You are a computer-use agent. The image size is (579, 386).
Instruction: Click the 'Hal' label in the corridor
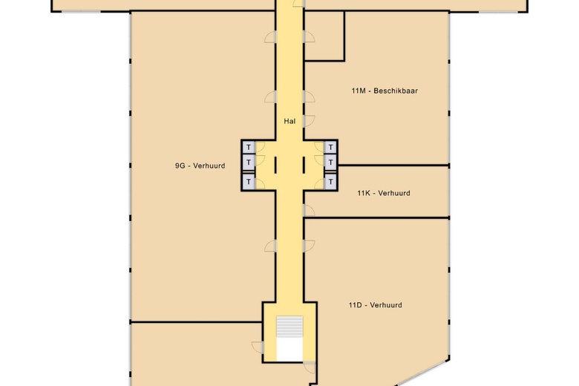[289, 120]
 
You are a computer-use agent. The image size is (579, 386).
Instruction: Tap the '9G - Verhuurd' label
[194, 166]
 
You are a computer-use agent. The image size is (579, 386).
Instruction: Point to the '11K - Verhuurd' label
[383, 193]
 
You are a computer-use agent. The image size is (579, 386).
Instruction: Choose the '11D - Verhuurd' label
[375, 305]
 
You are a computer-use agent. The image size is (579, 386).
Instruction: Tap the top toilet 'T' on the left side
[249, 147]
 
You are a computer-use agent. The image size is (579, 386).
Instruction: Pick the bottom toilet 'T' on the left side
[249, 180]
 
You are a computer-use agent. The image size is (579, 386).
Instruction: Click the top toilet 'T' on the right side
[330, 147]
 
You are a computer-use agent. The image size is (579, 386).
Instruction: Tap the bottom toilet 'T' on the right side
[330, 180]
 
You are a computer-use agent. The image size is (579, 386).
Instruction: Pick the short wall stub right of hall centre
[304, 163]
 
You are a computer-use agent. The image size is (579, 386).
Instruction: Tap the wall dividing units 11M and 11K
[393, 165]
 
